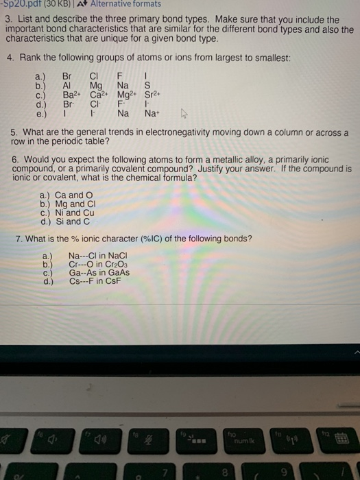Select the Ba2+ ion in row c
(69, 95)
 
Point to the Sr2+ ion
(153, 95)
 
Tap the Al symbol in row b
(67, 86)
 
